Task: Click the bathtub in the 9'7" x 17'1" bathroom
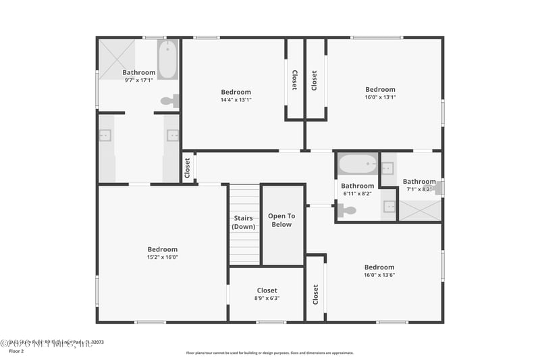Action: [167, 59]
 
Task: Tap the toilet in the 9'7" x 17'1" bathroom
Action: [169, 101]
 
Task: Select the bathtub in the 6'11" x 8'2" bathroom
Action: [358, 163]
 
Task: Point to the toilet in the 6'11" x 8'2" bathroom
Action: [347, 210]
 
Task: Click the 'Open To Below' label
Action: [281, 220]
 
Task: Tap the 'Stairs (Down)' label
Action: [244, 222]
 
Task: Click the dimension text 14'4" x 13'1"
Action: [236, 100]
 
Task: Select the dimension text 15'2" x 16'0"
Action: [163, 257]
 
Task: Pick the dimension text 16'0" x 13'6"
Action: [379, 275]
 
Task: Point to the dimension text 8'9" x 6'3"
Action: [267, 298]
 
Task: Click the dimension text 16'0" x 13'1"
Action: [380, 97]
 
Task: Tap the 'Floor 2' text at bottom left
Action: [16, 351]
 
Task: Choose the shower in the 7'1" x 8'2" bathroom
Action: [420, 210]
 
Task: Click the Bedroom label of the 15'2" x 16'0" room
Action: [163, 249]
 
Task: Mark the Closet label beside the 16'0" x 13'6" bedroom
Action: [315, 294]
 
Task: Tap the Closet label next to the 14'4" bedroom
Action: [294, 80]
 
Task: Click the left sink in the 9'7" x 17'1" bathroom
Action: [105, 135]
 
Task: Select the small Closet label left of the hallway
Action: [188, 168]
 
